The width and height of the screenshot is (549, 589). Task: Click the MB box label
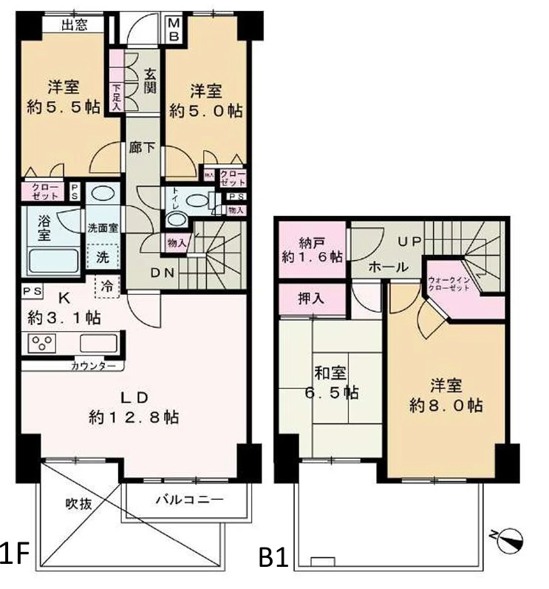click(175, 30)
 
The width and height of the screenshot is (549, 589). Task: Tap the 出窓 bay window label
click(74, 26)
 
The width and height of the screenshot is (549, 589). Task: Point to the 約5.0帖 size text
click(205, 111)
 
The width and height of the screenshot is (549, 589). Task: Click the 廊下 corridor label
click(142, 147)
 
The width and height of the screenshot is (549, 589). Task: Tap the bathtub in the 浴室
click(52, 262)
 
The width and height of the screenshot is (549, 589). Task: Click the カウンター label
click(93, 366)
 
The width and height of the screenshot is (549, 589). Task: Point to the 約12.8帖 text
click(133, 416)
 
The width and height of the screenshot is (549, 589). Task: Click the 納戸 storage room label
click(310, 248)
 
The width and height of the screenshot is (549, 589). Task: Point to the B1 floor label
click(273, 556)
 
